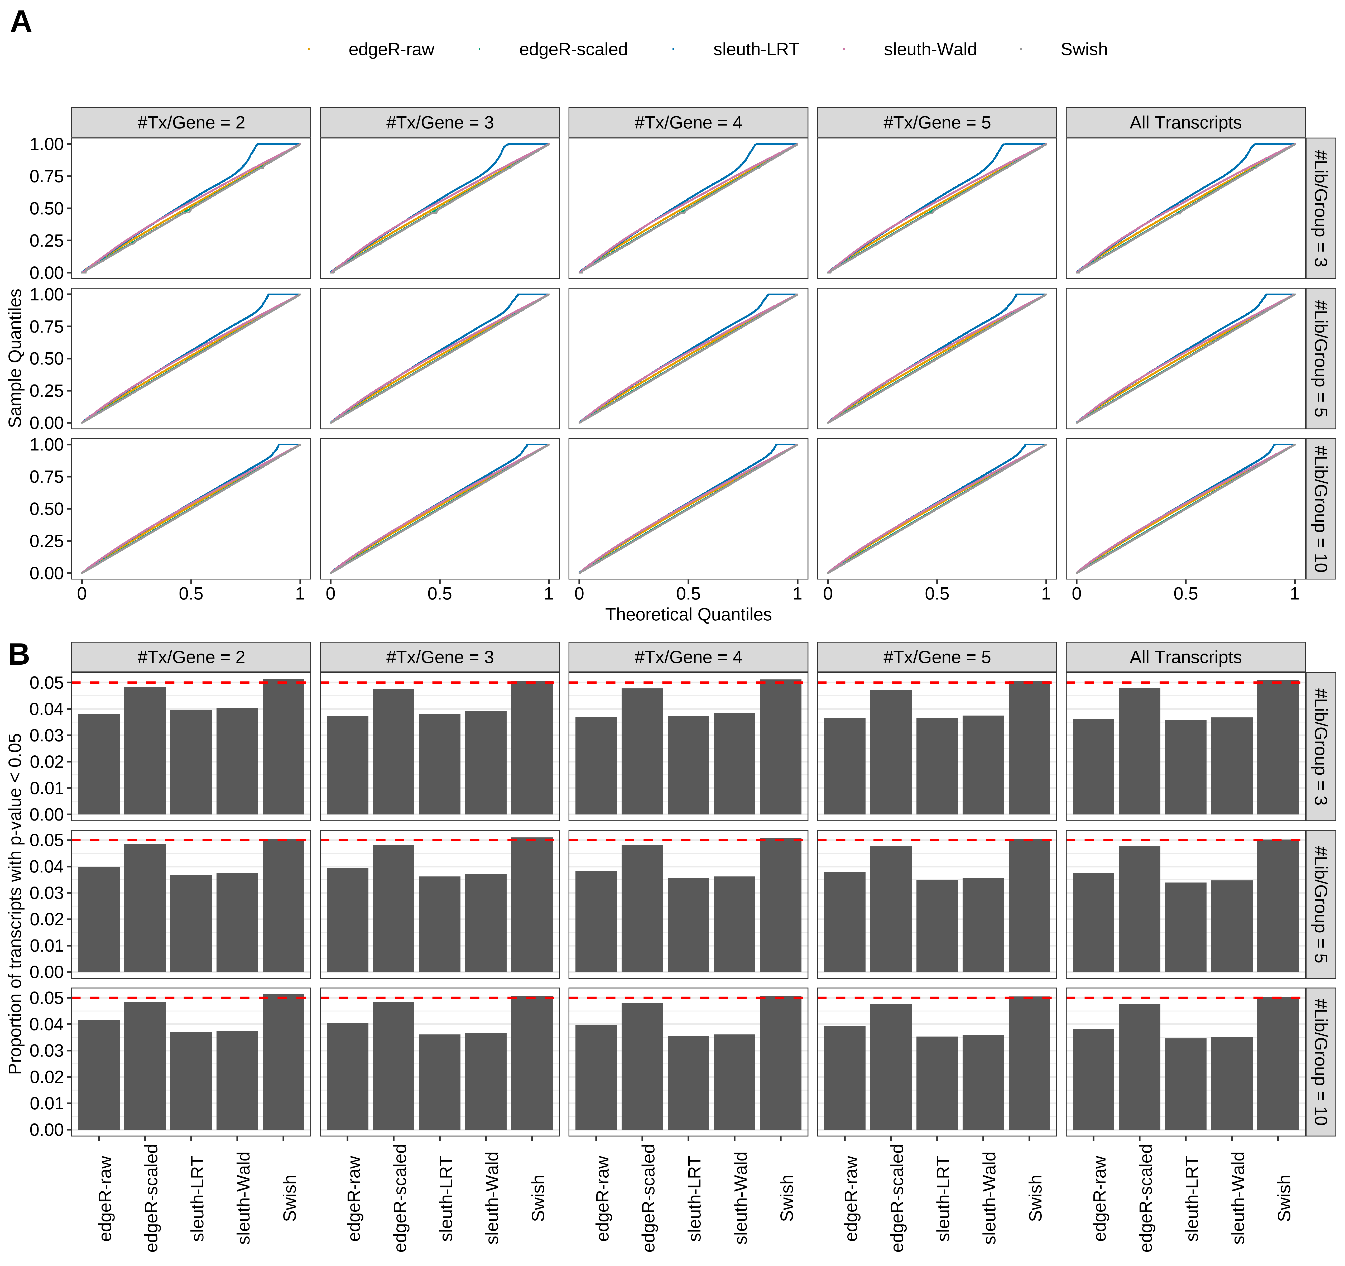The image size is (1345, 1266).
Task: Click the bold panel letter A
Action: click(21, 22)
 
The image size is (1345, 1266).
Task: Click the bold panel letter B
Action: click(19, 654)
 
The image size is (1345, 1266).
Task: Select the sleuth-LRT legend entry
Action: click(755, 49)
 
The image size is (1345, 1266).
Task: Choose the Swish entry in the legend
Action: click(1083, 49)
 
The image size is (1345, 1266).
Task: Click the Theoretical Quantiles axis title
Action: click(688, 614)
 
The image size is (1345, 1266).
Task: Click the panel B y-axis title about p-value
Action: click(15, 903)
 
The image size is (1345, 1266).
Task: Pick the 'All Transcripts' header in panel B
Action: click(1185, 657)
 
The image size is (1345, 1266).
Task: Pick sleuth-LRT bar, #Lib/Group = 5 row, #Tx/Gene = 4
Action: click(688, 925)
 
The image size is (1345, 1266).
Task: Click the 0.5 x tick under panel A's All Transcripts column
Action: click(1185, 594)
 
